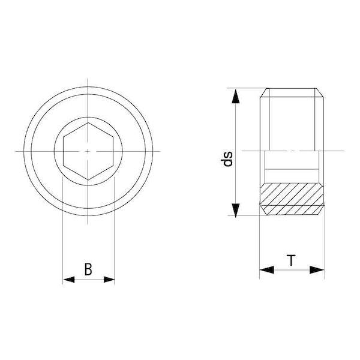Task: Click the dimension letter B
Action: point(88,269)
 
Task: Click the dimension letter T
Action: point(292,260)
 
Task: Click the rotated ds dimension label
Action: point(227,159)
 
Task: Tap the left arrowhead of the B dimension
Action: point(68,280)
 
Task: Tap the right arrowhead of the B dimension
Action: point(109,280)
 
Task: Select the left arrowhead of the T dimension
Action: point(266,270)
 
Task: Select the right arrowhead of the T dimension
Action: point(317,270)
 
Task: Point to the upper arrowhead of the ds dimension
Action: point(236,96)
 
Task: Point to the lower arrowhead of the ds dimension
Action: point(236,209)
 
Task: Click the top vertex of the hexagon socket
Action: point(88,123)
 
